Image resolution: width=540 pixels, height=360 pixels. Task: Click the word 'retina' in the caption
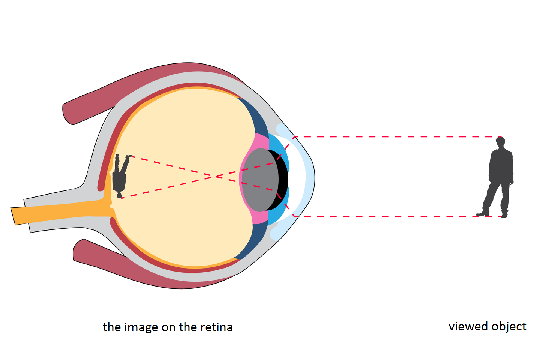(x=216, y=327)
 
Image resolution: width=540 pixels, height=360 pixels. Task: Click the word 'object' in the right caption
(x=509, y=326)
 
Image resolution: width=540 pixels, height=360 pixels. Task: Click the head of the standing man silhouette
(x=500, y=142)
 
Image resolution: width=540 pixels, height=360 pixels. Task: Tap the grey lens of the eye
(x=259, y=179)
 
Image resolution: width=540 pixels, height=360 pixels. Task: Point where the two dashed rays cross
(x=217, y=176)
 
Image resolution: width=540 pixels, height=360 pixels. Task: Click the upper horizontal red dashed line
(x=394, y=137)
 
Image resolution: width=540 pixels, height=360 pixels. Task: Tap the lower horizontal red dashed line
(x=394, y=217)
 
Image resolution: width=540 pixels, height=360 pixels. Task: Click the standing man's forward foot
(x=483, y=214)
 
